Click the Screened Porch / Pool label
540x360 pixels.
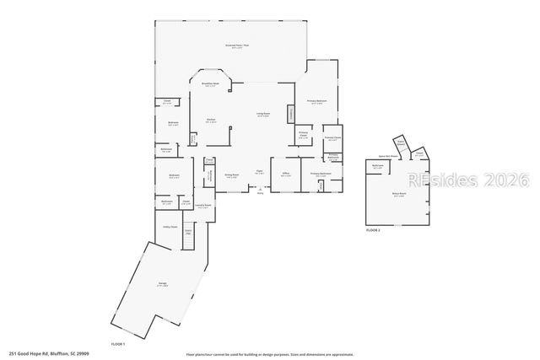click(x=234, y=46)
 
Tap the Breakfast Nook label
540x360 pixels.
click(x=210, y=84)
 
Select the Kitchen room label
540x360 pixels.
click(x=210, y=121)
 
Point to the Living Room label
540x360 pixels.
click(x=263, y=114)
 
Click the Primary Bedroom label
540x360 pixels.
click(x=316, y=103)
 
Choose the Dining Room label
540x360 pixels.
click(x=231, y=176)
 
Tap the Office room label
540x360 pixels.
click(x=285, y=175)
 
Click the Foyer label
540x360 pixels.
click(x=260, y=173)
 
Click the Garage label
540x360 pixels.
click(x=160, y=286)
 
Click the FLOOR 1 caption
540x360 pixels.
click(x=118, y=345)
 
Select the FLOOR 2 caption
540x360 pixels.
click(x=373, y=229)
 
